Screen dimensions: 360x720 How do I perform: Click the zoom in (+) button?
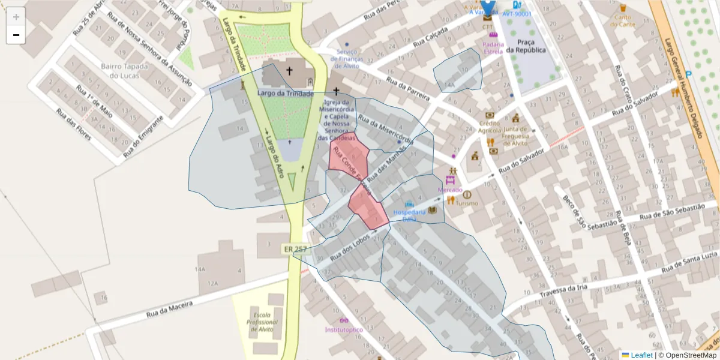click(x=16, y=17)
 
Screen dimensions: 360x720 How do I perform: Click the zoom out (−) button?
click(x=16, y=35)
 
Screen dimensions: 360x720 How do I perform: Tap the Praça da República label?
click(x=526, y=46)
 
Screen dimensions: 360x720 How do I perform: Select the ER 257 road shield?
click(x=291, y=248)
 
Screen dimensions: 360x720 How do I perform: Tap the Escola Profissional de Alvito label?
click(x=262, y=322)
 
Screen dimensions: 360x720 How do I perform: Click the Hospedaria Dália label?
click(x=410, y=215)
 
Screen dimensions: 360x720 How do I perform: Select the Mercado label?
click(x=450, y=190)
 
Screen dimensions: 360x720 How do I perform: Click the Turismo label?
click(x=467, y=203)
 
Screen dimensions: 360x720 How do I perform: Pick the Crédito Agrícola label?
click(x=490, y=127)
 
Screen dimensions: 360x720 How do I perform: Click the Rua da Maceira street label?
click(x=170, y=309)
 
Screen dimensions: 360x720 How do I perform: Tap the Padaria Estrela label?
click(x=493, y=47)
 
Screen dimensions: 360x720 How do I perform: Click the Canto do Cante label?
click(x=623, y=20)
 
